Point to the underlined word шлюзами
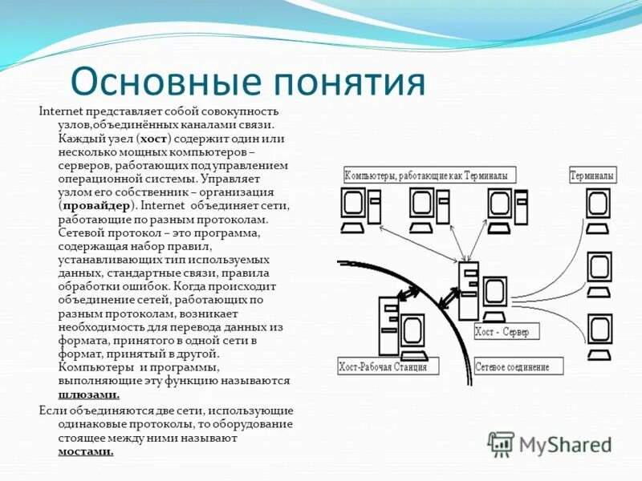pyautogui.click(x=89, y=394)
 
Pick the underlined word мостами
pyautogui.click(x=86, y=451)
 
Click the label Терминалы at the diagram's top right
pyautogui.click(x=592, y=175)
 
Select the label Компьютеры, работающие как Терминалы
pyautogui.click(x=429, y=175)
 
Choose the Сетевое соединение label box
pyautogui.click(x=512, y=367)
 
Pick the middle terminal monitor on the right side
pyautogui.click(x=600, y=270)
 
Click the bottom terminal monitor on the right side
pyautogui.click(x=600, y=331)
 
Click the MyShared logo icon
pyautogui.click(x=502, y=444)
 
